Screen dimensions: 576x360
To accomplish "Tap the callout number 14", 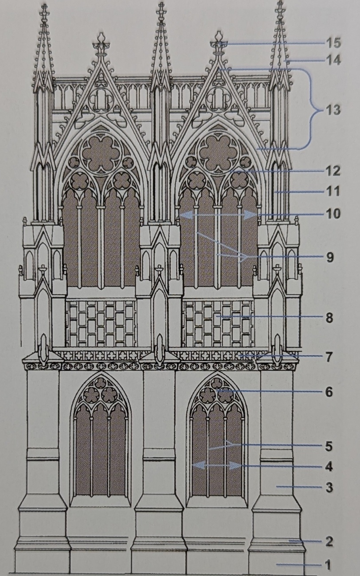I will pyautogui.click(x=333, y=60).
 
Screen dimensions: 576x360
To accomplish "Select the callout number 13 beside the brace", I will pyautogui.click(x=333, y=110).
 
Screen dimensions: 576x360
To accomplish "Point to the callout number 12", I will pyautogui.click(x=333, y=171).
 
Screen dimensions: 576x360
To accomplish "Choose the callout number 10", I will pyautogui.click(x=333, y=214).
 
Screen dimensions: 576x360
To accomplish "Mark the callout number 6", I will pyautogui.click(x=329, y=392).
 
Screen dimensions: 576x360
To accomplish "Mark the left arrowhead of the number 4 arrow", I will pyautogui.click(x=196, y=466).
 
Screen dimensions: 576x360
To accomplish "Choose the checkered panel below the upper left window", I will pyautogui.click(x=101, y=323).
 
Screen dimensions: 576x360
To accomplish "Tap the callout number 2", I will pyautogui.click(x=329, y=541).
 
